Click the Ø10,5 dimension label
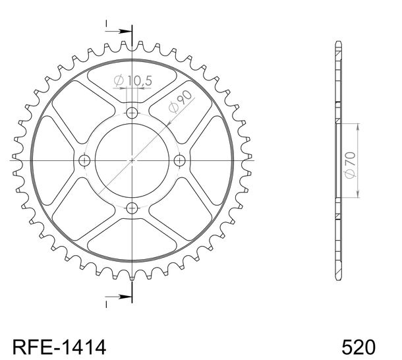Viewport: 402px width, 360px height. coord(133,80)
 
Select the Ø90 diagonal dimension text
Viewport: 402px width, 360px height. coord(180,102)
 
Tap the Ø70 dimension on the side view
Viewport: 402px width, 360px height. coord(351,165)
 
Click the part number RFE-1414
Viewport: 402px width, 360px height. coord(59,347)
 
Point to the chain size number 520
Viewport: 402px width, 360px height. coord(359,347)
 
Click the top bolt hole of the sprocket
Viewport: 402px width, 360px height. coord(132,113)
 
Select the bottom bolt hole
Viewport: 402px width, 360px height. coord(132,208)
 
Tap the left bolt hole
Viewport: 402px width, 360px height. coord(84,161)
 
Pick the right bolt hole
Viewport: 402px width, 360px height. coord(179,161)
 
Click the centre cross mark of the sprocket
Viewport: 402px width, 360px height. coord(132,161)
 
